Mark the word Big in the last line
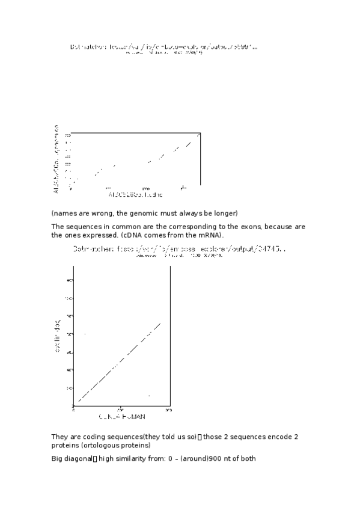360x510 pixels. coord(58,458)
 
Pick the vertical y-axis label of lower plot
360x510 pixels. coord(58,339)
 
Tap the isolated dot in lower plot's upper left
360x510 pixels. coord(85,333)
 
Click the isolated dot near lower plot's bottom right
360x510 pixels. coord(148,395)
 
